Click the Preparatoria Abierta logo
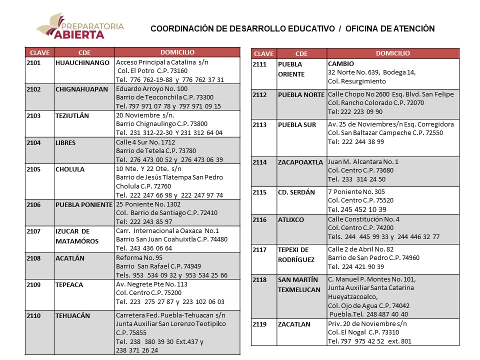coord(80,27)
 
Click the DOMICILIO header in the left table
coord(177,52)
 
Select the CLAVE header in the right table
coord(263,54)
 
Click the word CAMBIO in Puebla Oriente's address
coord(341,64)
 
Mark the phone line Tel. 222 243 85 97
coord(148,222)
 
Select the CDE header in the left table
coord(84,52)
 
